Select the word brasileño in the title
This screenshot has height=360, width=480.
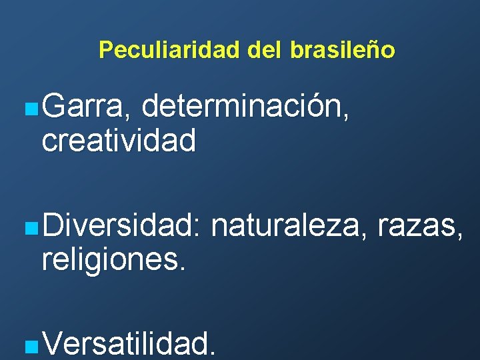tap(343, 50)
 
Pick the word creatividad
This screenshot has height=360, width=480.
tap(119, 140)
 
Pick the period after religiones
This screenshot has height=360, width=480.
tap(181, 268)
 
